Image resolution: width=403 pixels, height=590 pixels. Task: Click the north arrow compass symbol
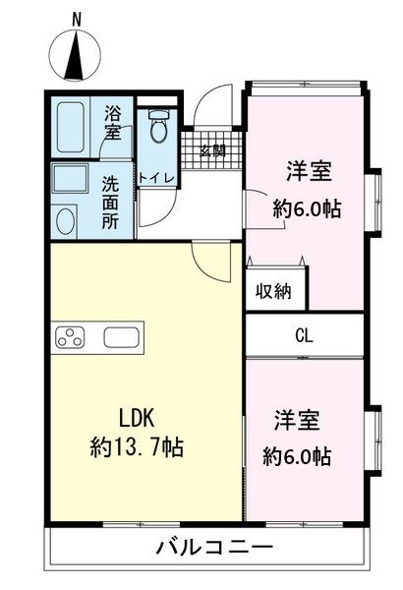click(76, 55)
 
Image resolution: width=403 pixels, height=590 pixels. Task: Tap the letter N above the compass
click(77, 20)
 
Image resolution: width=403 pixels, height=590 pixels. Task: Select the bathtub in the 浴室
click(71, 127)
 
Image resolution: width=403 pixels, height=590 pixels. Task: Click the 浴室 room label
click(112, 122)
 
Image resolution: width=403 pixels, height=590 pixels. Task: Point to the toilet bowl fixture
click(159, 126)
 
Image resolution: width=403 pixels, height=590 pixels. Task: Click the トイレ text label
click(157, 177)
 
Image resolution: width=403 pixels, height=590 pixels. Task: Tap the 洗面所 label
click(111, 204)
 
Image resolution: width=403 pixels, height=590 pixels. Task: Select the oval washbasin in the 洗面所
click(66, 221)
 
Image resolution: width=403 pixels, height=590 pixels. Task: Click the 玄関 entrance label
click(213, 150)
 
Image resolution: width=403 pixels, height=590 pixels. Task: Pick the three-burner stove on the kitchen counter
click(70, 336)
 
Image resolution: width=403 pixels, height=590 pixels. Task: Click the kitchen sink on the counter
click(122, 337)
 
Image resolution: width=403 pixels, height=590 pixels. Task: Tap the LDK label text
click(137, 418)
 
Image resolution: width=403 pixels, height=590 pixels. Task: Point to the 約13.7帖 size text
click(137, 447)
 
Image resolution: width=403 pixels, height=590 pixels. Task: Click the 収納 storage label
click(273, 291)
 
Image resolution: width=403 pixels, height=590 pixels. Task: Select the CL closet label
click(304, 335)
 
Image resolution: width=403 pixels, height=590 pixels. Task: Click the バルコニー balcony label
click(215, 548)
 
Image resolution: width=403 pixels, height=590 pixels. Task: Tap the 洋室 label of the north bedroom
click(310, 171)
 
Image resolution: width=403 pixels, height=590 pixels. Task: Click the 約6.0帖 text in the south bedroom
click(297, 456)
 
